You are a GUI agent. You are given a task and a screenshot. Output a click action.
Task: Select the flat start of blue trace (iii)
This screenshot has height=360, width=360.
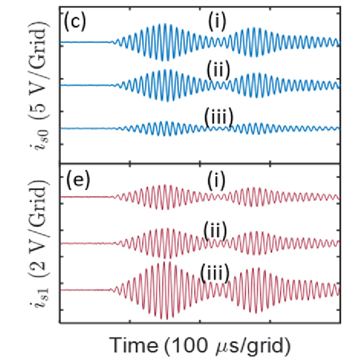[86, 129]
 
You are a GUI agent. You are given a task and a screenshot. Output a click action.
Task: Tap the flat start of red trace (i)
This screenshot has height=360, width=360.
[86, 197]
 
